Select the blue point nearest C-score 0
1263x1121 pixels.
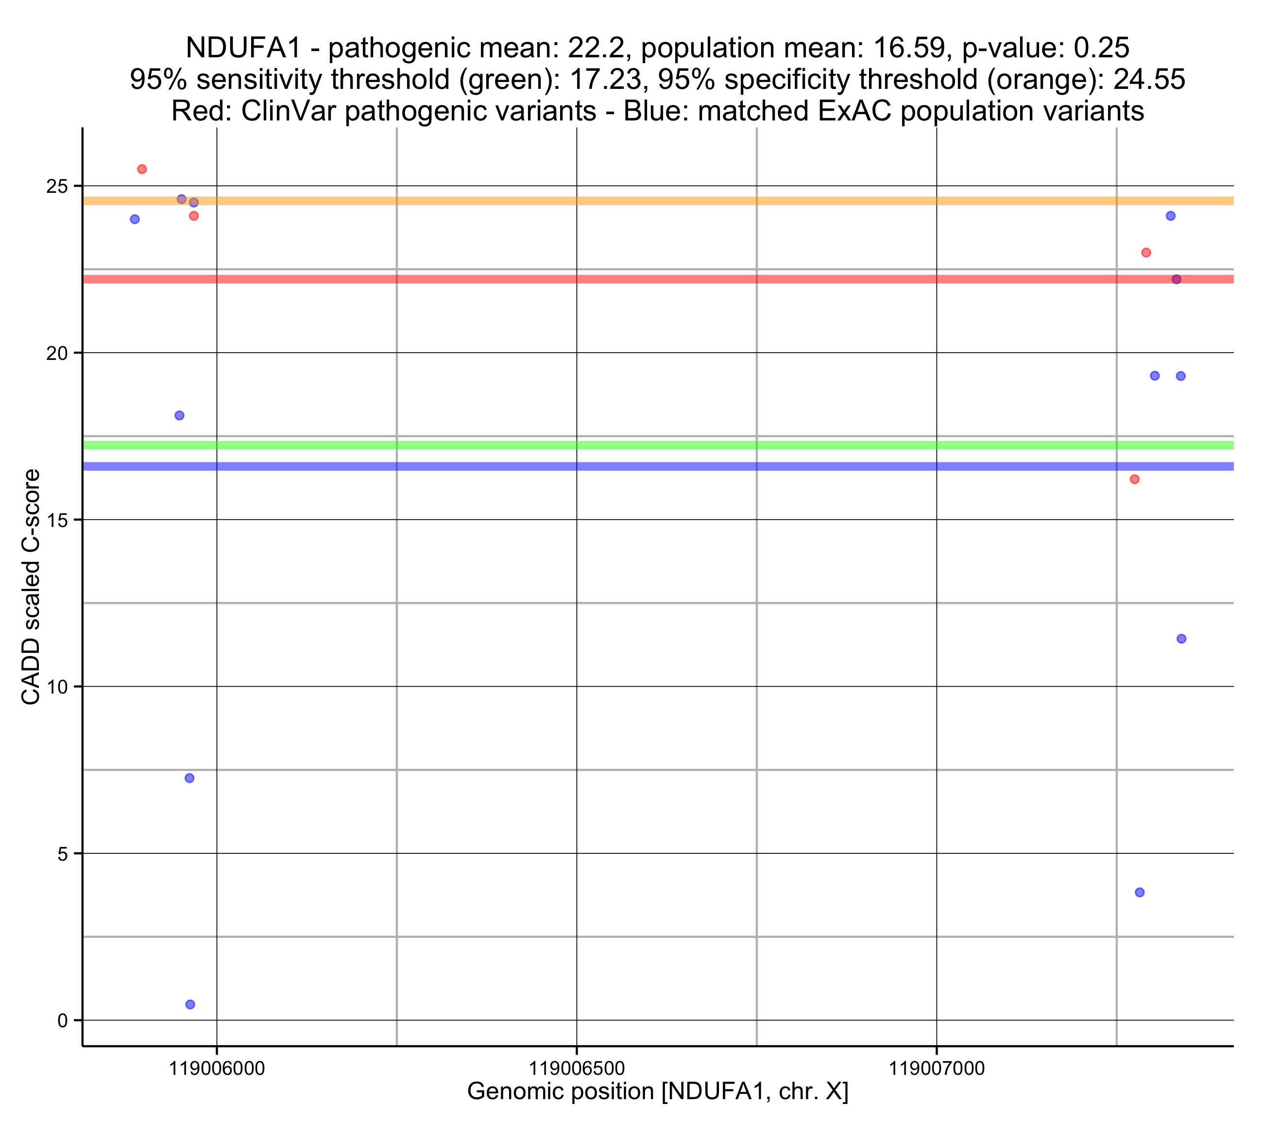[190, 1004]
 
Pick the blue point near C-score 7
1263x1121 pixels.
[190, 778]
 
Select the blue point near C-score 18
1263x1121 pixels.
[179, 415]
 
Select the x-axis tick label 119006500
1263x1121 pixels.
[577, 1069]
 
